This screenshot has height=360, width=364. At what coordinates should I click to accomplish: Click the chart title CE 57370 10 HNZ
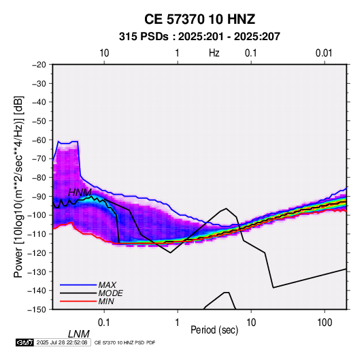199,19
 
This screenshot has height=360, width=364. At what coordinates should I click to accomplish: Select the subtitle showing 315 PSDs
199,37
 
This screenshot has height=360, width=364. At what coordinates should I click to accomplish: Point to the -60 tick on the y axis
39,140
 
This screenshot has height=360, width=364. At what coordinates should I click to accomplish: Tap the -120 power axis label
37,252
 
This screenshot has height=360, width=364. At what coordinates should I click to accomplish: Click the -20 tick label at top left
39,65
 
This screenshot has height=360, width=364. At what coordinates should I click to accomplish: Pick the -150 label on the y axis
37,310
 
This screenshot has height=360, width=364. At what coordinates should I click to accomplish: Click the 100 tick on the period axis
325,323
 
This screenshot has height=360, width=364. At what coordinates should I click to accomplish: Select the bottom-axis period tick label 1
178,323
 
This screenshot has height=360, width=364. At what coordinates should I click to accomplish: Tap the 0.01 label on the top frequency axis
324,53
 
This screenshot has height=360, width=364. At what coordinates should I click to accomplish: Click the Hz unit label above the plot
214,53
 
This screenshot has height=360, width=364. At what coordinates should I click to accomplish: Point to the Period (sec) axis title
214,330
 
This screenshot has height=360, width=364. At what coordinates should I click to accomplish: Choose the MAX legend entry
107,284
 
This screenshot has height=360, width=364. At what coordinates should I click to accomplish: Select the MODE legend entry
110,293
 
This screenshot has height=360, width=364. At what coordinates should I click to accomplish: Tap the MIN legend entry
106,301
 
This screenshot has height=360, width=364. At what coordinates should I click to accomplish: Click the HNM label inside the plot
80,193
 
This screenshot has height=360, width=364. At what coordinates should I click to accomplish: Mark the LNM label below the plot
79,334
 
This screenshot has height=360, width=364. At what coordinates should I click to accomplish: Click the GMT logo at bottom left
24,342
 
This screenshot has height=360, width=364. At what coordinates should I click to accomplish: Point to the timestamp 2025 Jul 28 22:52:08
62,342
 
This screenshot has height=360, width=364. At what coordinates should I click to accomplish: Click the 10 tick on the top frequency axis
104,53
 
